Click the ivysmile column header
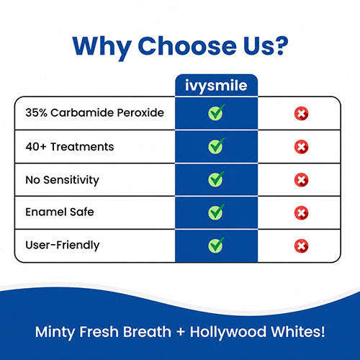coord(216,86)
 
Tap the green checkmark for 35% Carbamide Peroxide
coord(216,112)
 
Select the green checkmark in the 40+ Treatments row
coord(216,146)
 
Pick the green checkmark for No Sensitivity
coord(216,179)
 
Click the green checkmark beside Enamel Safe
coord(216,212)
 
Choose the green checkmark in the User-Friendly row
coord(216,246)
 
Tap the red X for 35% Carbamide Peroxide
coord(302,114)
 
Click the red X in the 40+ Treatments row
coord(302,147)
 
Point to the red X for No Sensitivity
coord(302,180)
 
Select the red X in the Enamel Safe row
coord(302,213)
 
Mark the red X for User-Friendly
coord(302,246)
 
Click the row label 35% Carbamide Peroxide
coord(95,112)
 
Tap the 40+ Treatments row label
coord(70,147)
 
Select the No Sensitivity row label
coord(62,180)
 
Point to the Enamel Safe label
coord(60,212)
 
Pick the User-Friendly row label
coord(63,246)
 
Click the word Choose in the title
coord(187,46)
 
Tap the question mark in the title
coord(280,45)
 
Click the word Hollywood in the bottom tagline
coord(228,333)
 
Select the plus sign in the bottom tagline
coord(181,333)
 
